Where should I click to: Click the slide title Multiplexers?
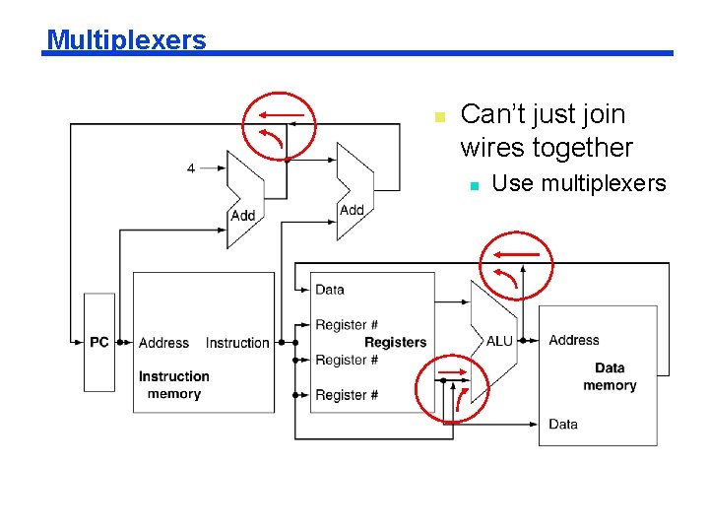tap(126, 39)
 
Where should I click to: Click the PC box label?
tap(99, 342)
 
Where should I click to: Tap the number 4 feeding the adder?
tap(191, 168)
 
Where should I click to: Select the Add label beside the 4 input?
tap(243, 216)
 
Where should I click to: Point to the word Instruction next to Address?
tap(237, 343)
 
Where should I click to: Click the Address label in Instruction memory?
tap(163, 343)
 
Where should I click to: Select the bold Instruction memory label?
tap(173, 385)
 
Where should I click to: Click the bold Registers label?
tap(395, 342)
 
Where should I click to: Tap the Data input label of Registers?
tap(330, 290)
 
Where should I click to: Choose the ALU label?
tap(499, 341)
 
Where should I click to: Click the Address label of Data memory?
tap(573, 340)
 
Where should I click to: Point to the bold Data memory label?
tap(609, 376)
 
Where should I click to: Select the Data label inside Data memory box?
tap(563, 424)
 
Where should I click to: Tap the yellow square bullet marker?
tap(440, 117)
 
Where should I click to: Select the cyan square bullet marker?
tap(474, 185)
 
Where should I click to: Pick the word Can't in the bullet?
tap(490, 114)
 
